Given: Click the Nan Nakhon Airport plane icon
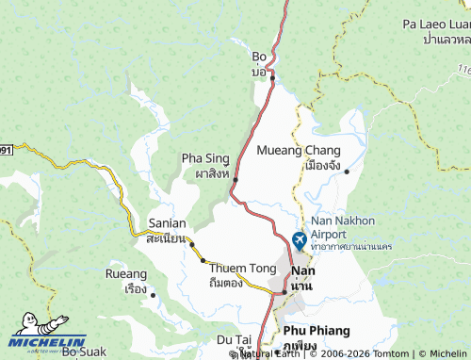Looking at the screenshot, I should (300, 240).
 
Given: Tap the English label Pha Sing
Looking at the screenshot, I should (204, 158).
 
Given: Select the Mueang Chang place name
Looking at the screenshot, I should (299, 150).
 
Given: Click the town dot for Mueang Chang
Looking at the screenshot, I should (347, 172).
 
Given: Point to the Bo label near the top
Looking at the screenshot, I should (259, 57).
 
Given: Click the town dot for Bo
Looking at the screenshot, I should (272, 77).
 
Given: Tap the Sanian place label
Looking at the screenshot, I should (167, 224).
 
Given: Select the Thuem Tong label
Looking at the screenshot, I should (243, 269).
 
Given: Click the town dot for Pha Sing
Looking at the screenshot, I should (235, 179).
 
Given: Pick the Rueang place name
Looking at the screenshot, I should (126, 274).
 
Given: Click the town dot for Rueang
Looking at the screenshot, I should (153, 295).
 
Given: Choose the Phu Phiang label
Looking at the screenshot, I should (317, 331).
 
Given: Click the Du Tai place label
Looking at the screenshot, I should (234, 338).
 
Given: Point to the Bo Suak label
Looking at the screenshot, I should (84, 352).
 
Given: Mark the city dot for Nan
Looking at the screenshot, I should (284, 292).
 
